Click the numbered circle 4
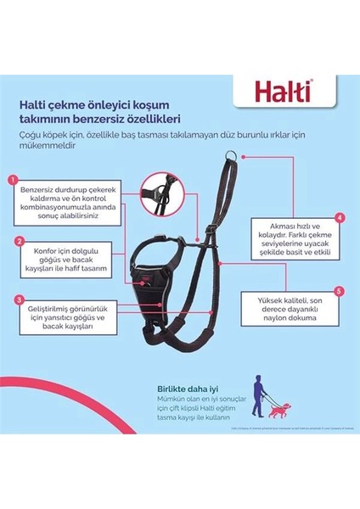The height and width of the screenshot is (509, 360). pos(339,217)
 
